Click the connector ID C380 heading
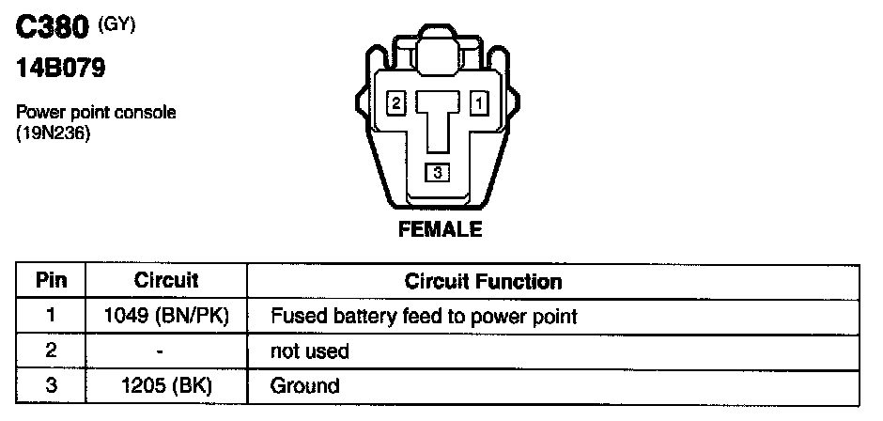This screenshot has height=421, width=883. pyautogui.click(x=54, y=29)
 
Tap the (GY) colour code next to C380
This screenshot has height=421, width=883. pyautogui.click(x=117, y=24)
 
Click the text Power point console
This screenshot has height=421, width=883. pyautogui.click(x=97, y=113)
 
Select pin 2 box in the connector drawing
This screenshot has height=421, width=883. pyautogui.click(x=396, y=101)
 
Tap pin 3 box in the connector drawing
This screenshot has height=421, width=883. pyautogui.click(x=437, y=172)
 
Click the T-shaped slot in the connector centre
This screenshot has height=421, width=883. pyautogui.click(x=437, y=117)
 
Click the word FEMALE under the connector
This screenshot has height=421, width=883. pyautogui.click(x=441, y=228)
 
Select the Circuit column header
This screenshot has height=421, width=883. pyautogui.click(x=166, y=281)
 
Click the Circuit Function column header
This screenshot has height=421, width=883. pyautogui.click(x=483, y=281)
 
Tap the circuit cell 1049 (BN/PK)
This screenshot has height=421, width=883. pyautogui.click(x=166, y=317)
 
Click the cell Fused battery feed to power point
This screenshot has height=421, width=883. pyautogui.click(x=423, y=317)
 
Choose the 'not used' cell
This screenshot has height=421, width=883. pyautogui.click(x=309, y=351)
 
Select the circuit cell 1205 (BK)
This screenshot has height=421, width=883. pyautogui.click(x=166, y=385)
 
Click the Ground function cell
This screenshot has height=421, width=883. pyautogui.click(x=304, y=385)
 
